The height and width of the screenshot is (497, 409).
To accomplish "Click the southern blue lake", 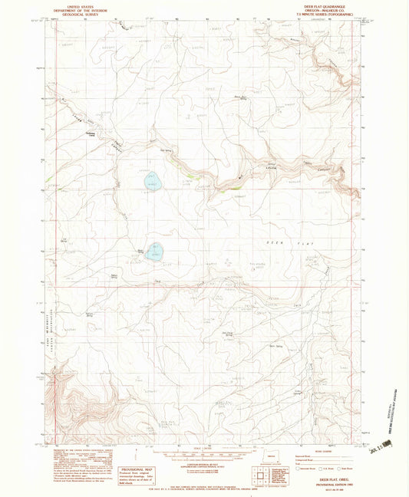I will tap(157, 252).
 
